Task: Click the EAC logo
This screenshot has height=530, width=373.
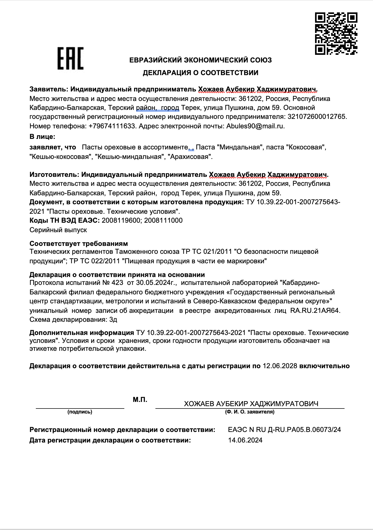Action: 70,59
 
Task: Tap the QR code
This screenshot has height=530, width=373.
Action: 336,33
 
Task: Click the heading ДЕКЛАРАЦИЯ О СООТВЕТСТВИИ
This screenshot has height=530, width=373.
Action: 200,73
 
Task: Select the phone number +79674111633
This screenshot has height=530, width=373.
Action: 112,126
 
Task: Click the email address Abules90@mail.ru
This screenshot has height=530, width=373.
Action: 255,126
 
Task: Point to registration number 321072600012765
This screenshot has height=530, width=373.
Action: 317,117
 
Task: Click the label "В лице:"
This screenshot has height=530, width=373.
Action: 42,137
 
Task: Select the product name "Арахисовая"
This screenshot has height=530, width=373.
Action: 190,157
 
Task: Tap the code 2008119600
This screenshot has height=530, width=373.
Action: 121,220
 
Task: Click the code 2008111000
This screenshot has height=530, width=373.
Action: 163,220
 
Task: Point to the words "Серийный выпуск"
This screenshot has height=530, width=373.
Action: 58,230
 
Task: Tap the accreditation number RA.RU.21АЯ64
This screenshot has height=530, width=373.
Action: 315,310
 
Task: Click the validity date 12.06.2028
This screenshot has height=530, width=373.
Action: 280,366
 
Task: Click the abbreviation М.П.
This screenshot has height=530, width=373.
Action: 140,400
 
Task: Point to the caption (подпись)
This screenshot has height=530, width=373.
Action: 80,412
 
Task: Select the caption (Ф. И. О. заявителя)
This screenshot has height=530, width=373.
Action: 249,412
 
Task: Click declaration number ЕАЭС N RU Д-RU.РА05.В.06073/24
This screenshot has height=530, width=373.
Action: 284,430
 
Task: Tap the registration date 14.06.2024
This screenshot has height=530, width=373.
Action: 245,440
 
